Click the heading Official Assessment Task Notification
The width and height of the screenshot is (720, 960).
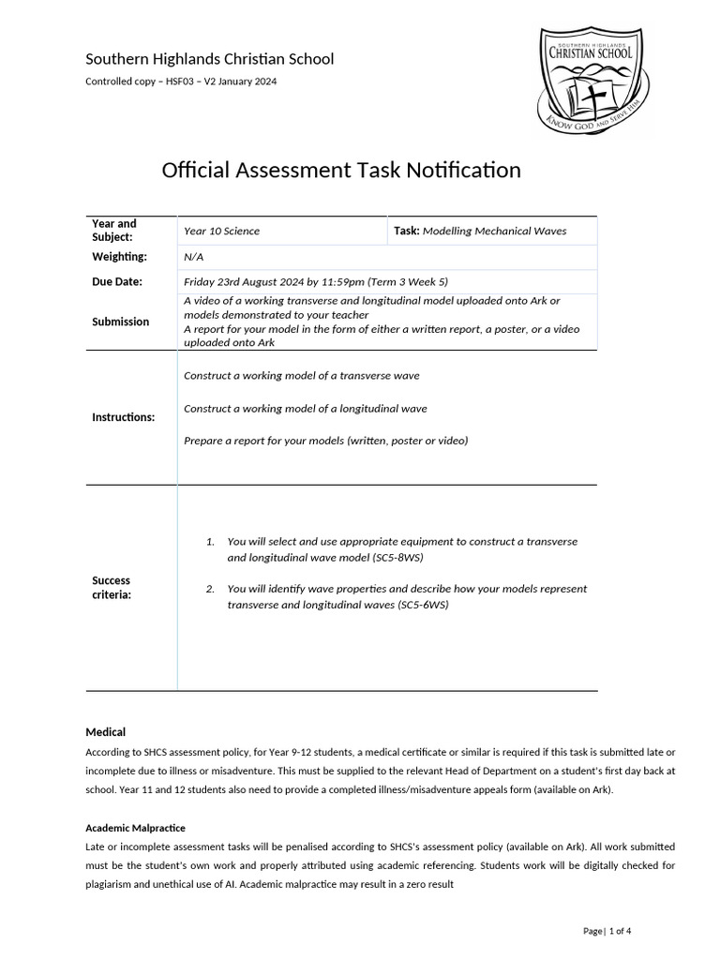(x=341, y=170)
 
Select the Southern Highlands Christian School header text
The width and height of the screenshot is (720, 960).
(x=209, y=59)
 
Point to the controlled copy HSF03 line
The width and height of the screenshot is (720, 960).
(x=181, y=82)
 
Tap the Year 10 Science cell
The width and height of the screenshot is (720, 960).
(x=221, y=231)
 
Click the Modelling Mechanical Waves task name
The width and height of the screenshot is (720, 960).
(x=494, y=231)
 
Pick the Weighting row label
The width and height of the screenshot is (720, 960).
(x=119, y=257)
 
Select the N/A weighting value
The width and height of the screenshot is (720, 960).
(x=193, y=257)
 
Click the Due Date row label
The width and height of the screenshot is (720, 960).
(x=117, y=281)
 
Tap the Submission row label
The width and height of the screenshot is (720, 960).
(x=120, y=322)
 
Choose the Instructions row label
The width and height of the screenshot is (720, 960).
(x=123, y=417)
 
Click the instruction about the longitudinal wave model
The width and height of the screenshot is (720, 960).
(x=305, y=408)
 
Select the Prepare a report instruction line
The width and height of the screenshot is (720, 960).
(x=325, y=441)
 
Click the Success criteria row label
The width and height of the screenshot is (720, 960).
(x=112, y=588)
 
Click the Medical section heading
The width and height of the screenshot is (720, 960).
(x=106, y=732)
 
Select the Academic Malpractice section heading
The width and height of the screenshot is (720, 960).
(x=135, y=829)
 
